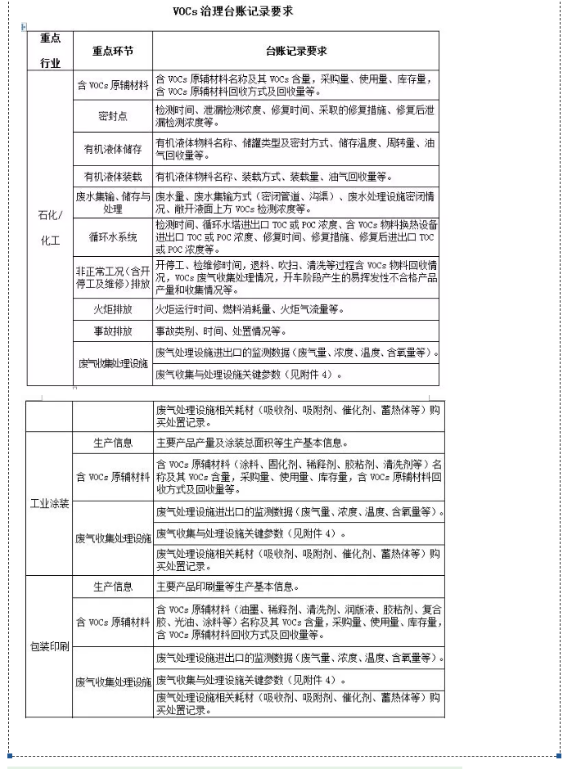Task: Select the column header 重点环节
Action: (x=113, y=51)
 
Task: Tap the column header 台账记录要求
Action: (x=296, y=51)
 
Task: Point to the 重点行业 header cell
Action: (x=49, y=51)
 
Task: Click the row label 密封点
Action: (x=113, y=116)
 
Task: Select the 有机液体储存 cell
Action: (x=113, y=149)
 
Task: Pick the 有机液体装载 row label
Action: (x=113, y=177)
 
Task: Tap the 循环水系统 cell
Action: (x=113, y=237)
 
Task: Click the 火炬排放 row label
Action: (x=113, y=309)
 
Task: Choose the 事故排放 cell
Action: (x=113, y=331)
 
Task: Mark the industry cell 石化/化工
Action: (x=49, y=228)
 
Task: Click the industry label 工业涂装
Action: (x=49, y=502)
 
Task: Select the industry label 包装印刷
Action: (x=49, y=646)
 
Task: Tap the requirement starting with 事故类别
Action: (x=221, y=331)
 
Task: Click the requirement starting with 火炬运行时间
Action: (x=250, y=309)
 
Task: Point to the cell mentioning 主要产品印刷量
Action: (x=227, y=587)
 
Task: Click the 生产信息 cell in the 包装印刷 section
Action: (x=113, y=587)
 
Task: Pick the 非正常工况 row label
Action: (x=113, y=277)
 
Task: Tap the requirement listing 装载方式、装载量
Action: (x=274, y=177)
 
